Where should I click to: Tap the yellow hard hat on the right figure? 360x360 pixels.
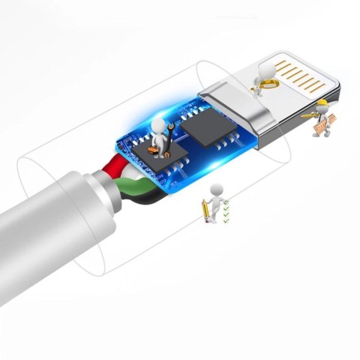coord(322,103)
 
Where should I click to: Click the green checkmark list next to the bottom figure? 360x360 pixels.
coord(226,212)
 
